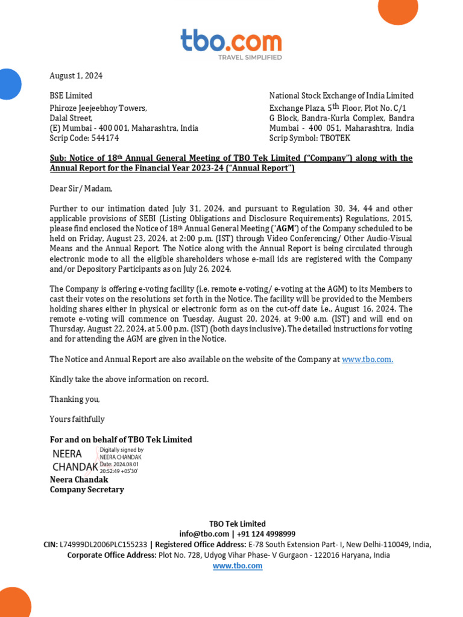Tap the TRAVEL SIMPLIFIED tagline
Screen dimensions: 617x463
point(249,57)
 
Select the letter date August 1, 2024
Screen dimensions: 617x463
point(76,76)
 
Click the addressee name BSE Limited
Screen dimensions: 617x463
point(71,96)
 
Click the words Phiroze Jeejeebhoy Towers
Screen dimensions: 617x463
point(98,108)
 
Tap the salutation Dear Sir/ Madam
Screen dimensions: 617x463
point(81,189)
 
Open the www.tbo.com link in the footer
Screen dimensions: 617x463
point(238,566)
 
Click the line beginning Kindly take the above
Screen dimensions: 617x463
point(129,380)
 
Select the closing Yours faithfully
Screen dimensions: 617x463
point(77,419)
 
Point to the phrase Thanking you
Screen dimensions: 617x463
point(75,399)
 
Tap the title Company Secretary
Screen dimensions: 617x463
point(87,490)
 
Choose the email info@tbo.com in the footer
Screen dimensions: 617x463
point(204,534)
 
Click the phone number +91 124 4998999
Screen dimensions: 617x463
point(266,534)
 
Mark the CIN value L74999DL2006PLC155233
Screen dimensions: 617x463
point(103,545)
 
